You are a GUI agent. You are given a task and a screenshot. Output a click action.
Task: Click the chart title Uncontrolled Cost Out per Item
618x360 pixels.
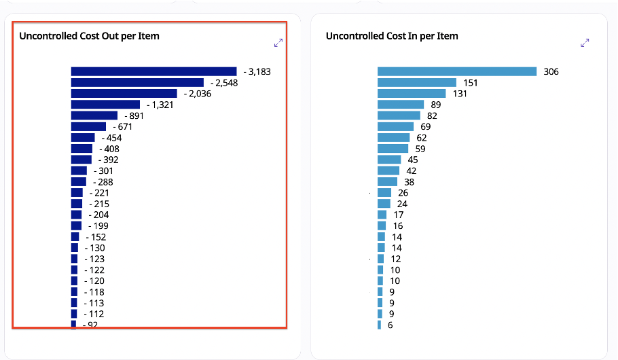tap(89, 36)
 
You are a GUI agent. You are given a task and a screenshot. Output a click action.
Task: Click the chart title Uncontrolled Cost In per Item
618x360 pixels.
tap(392, 36)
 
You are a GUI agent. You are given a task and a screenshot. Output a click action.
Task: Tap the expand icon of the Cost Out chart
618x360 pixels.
tap(278, 43)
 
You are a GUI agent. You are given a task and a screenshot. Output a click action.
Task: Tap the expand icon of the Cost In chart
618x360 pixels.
tap(585, 43)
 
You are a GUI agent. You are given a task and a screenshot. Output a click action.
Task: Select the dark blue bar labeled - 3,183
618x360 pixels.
tap(153, 71)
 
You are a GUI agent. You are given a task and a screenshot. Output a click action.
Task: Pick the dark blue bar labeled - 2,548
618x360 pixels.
tap(137, 83)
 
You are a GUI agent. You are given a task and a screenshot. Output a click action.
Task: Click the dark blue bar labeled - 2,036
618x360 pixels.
tap(124, 94)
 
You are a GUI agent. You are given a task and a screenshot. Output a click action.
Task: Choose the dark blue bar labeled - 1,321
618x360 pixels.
tap(105, 105)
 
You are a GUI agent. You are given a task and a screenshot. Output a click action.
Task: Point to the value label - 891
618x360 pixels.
tap(134, 116)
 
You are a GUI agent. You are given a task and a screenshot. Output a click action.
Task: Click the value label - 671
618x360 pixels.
tap(123, 127)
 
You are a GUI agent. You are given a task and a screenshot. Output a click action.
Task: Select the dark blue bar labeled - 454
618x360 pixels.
tap(83, 138)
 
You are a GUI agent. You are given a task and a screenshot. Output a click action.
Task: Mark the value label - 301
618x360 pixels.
tap(103, 170)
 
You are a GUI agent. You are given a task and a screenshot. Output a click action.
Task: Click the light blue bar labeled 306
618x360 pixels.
tap(457, 71)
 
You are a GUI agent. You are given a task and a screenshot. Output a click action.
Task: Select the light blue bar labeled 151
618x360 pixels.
tap(407, 83)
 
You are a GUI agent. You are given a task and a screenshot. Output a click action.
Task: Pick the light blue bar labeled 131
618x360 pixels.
tap(412, 94)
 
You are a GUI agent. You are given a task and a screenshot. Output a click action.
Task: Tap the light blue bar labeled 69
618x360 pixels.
tap(395, 126)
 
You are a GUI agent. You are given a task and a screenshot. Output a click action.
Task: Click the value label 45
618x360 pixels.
tap(413, 160)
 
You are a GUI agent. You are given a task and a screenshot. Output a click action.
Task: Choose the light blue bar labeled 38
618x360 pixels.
tap(387, 181)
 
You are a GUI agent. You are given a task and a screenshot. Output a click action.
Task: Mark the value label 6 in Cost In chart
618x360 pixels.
tap(390, 325)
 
